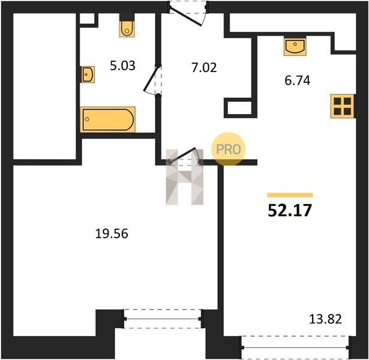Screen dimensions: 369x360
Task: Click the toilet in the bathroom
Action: pyautogui.click(x=127, y=29)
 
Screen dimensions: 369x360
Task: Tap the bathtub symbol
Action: pyautogui.click(x=108, y=119)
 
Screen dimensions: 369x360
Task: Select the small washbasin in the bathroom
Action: pyautogui.click(x=88, y=74)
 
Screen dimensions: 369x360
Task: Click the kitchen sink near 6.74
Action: pyautogui.click(x=295, y=46)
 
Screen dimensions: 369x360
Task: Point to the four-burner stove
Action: pyautogui.click(x=342, y=106)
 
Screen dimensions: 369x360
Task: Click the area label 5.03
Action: pyautogui.click(x=122, y=66)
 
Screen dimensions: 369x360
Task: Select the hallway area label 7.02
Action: pyautogui.click(x=204, y=68)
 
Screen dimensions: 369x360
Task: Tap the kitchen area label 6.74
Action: pyautogui.click(x=298, y=80)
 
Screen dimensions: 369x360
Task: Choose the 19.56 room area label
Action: pyautogui.click(x=112, y=234)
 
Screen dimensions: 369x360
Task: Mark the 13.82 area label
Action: pyautogui.click(x=325, y=319)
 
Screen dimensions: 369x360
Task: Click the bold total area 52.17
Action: pyautogui.click(x=290, y=210)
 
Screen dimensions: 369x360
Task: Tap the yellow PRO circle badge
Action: pyautogui.click(x=228, y=149)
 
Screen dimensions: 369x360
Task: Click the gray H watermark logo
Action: pyautogui.click(x=185, y=177)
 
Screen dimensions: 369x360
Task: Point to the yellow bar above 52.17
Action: pyautogui.click(x=290, y=195)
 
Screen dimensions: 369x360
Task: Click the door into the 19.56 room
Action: pyautogui.click(x=184, y=157)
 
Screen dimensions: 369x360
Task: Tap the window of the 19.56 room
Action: pyautogui.click(x=163, y=319)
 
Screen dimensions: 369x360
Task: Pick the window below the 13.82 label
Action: pyautogui.click(x=295, y=347)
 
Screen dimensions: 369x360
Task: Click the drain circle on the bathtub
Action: pyautogui.click(x=88, y=119)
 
